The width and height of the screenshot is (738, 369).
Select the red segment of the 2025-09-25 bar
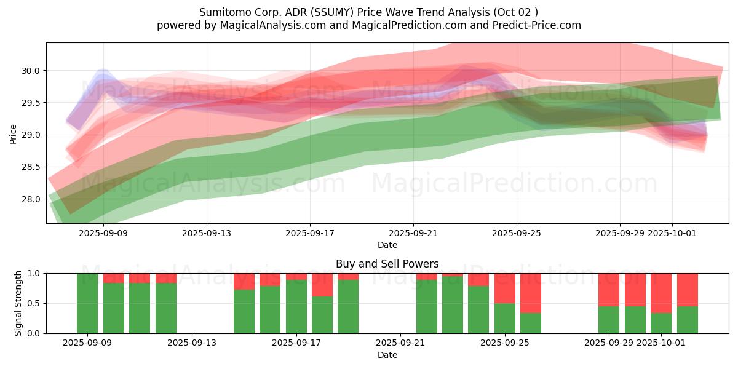(x=505, y=288)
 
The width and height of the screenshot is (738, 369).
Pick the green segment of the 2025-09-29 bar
(x=609, y=320)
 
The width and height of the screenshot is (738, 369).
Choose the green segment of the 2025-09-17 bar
(x=296, y=307)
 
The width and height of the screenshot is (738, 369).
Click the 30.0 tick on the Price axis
(x=32, y=71)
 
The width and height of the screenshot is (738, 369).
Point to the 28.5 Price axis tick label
(x=32, y=167)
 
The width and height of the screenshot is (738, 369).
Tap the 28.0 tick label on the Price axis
(x=32, y=199)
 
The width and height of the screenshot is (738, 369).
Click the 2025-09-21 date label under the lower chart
(x=400, y=343)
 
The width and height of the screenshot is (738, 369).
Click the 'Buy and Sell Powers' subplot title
(x=387, y=264)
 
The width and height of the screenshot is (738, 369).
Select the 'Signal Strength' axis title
(x=18, y=303)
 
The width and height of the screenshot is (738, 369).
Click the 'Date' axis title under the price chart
(x=387, y=245)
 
